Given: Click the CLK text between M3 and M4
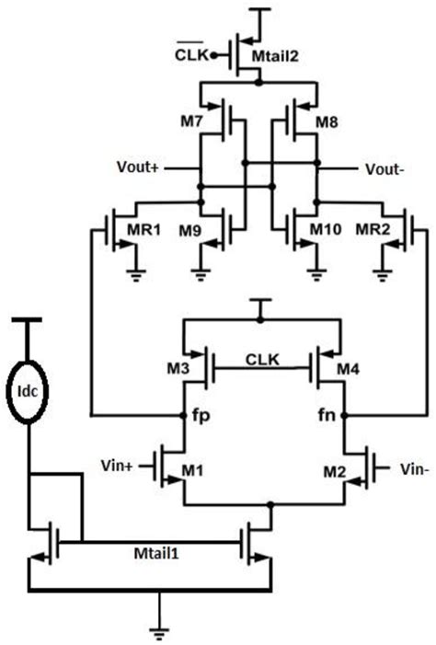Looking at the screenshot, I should [x=263, y=356].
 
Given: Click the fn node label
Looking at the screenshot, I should [x=327, y=415].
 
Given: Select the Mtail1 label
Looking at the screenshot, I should [x=155, y=557].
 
